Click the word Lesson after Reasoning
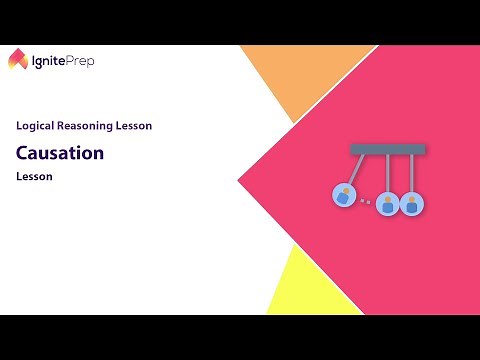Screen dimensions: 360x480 coord(137,126)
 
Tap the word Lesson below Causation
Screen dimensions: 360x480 coord(33,177)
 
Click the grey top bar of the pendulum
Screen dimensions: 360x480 coord(388,149)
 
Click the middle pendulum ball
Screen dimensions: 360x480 coord(386,203)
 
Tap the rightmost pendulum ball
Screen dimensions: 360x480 coord(411,203)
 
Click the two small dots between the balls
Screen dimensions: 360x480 coord(365,202)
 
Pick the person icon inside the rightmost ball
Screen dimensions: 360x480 coord(411,204)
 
